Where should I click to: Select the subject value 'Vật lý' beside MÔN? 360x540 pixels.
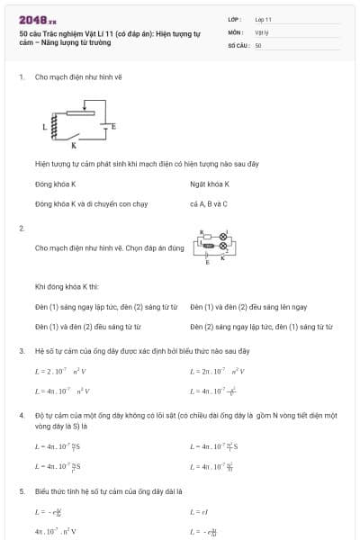(x=262, y=31)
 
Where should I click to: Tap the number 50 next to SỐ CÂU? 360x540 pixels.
(x=258, y=44)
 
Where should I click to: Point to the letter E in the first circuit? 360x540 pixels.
(x=114, y=127)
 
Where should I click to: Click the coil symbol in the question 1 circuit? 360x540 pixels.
(x=54, y=129)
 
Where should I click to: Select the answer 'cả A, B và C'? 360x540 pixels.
(x=209, y=203)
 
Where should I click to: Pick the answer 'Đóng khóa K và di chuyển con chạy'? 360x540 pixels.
(x=78, y=203)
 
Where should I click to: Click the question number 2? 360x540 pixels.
(x=21, y=228)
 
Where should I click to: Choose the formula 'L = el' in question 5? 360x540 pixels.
(x=199, y=511)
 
